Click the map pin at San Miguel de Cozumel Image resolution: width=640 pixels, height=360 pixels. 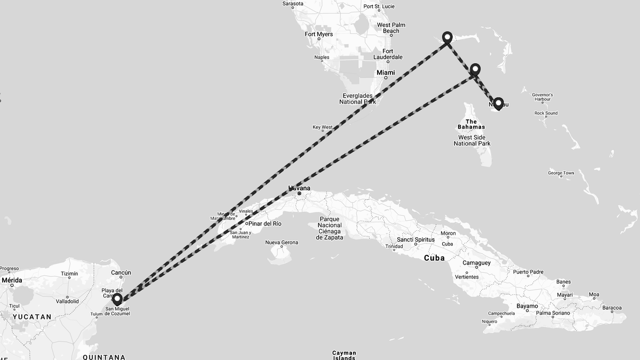tap(117, 299)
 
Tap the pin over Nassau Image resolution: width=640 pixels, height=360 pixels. tap(498, 103)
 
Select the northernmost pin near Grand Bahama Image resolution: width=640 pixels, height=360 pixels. tap(447, 37)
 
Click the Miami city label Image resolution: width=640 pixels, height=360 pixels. tap(386, 73)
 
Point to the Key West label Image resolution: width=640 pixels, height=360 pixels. tap(322, 127)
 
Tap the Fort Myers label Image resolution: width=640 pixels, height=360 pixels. tap(318, 34)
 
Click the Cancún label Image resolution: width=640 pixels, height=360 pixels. tap(121, 273)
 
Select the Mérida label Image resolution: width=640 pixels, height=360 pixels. tap(12, 280)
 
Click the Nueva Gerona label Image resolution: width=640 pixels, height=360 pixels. tap(282, 243)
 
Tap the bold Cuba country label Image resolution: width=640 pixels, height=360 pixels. tap(434, 258)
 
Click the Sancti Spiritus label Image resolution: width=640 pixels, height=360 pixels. tap(416, 239)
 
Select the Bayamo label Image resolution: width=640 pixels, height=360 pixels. tap(527, 306)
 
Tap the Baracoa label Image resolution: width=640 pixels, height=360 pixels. tap(612, 308)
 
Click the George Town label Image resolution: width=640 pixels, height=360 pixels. tap(561, 173)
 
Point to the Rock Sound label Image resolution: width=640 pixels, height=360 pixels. tap(546, 113)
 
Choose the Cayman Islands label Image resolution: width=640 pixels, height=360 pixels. tap(344, 355)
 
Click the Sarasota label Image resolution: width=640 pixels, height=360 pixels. tap(293, 4)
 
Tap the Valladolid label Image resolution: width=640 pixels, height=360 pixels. tap(67, 301)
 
